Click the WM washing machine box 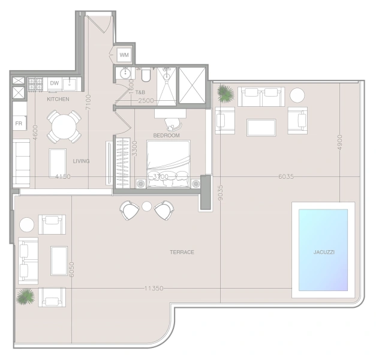pyautogui.click(x=124, y=55)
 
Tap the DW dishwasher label pyautogui.click(x=55, y=83)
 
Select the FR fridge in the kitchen pyautogui.click(x=19, y=123)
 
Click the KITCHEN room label pyautogui.click(x=58, y=99)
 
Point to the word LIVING pyautogui.click(x=82, y=161)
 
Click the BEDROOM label pyautogui.click(x=167, y=136)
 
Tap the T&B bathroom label pyautogui.click(x=140, y=92)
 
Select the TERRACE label pyautogui.click(x=182, y=252)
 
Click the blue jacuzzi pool pyautogui.click(x=323, y=250)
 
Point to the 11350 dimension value pyautogui.click(x=154, y=288)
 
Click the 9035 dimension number pyautogui.click(x=220, y=193)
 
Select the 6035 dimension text pyautogui.click(x=286, y=176)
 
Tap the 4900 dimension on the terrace pyautogui.click(x=339, y=143)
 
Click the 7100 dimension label pyautogui.click(x=88, y=103)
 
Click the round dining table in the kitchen pyautogui.click(x=64, y=127)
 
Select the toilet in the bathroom pyautogui.click(x=146, y=75)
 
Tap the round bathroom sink pyautogui.click(x=125, y=73)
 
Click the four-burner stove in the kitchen pyautogui.click(x=35, y=84)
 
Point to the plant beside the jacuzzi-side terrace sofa pyautogui.click(x=225, y=94)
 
